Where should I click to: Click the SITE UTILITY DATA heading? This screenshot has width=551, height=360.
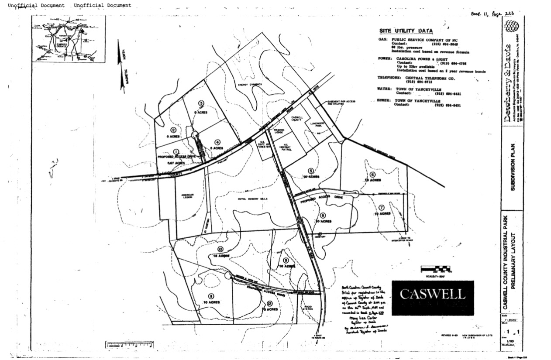(406, 31)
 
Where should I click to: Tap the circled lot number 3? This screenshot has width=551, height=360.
(201, 103)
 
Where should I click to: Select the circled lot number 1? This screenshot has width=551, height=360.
(176, 151)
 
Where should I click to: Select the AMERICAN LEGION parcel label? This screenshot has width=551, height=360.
(184, 197)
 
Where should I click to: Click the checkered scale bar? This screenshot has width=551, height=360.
(435, 268)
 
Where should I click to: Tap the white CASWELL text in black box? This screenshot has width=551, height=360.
(432, 294)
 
